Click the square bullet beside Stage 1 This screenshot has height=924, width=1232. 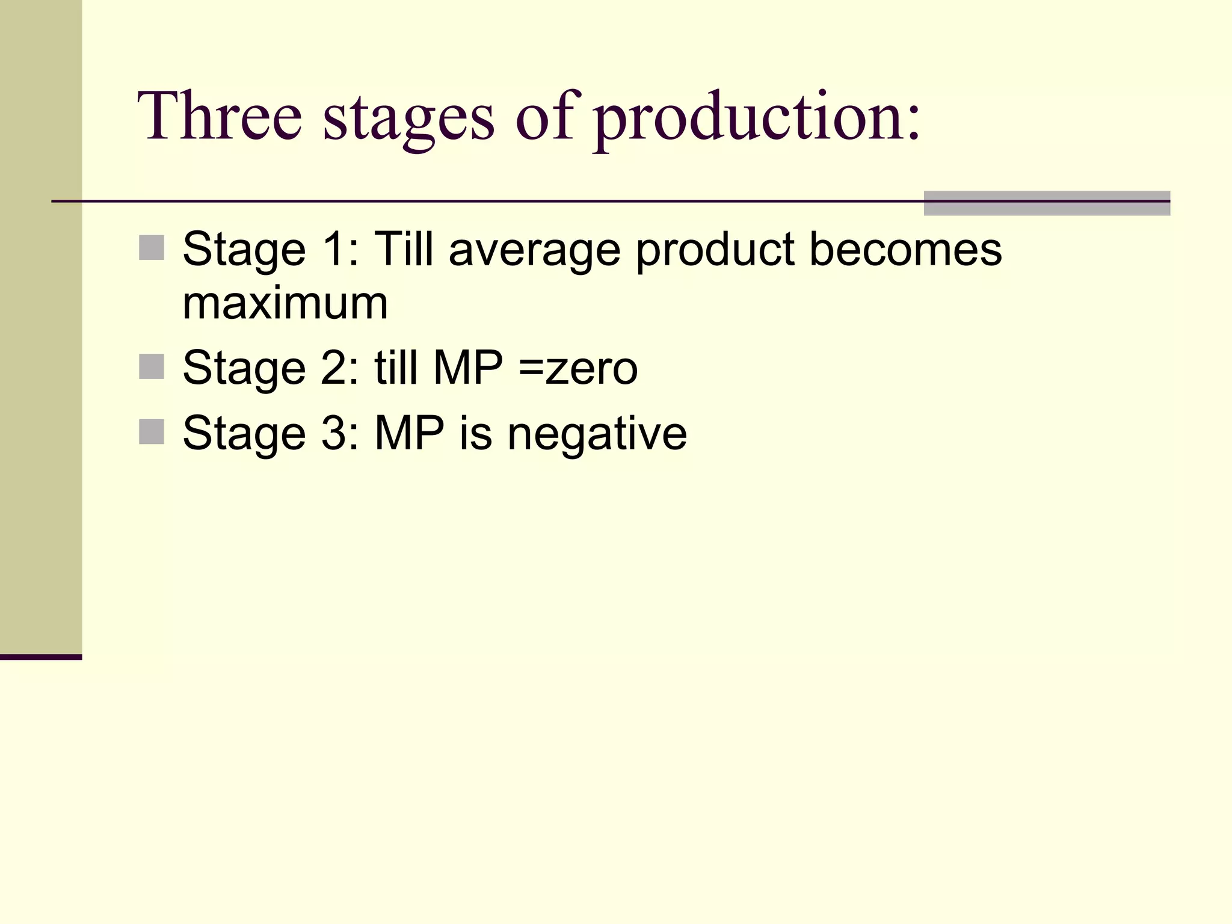pyautogui.click(x=152, y=248)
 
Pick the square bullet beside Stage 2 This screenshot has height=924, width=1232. pyautogui.click(x=152, y=366)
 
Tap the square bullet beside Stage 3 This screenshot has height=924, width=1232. pyautogui.click(x=152, y=432)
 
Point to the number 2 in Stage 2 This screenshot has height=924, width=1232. pyautogui.click(x=334, y=368)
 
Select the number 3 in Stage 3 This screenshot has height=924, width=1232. pyautogui.click(x=334, y=433)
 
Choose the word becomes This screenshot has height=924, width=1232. pyautogui.click(x=905, y=249)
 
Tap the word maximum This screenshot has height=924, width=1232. pyautogui.click(x=285, y=303)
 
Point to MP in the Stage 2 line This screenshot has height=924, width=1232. pyautogui.click(x=468, y=368)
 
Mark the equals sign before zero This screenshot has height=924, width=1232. pyautogui.click(x=531, y=369)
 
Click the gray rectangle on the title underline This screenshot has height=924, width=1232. pyautogui.click(x=1047, y=203)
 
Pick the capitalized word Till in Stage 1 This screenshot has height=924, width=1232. pyautogui.click(x=404, y=249)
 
